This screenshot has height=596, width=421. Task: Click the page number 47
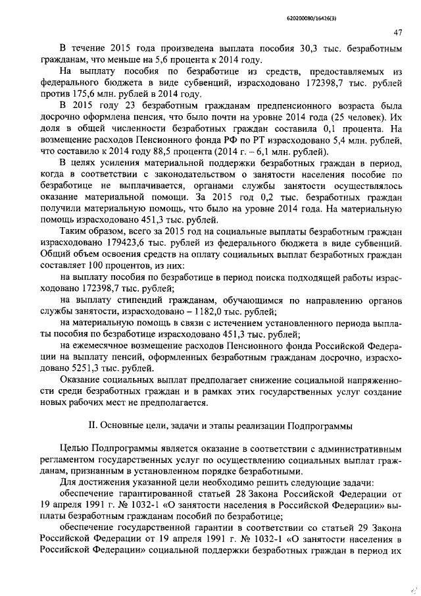[x=397, y=32]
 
